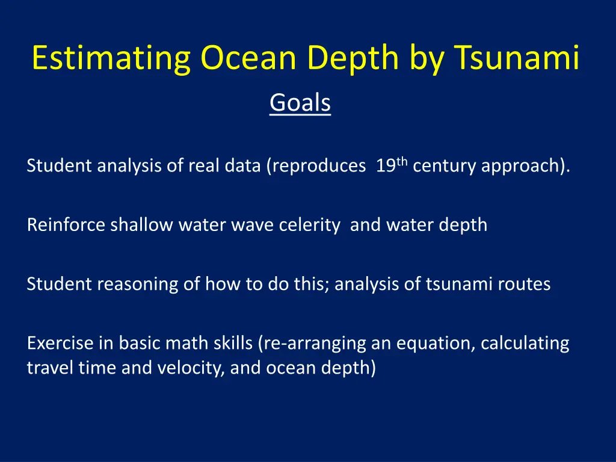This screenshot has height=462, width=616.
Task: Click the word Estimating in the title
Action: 111,58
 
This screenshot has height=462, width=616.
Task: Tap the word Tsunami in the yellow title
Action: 517,57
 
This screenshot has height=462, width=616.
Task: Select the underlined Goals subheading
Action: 300,102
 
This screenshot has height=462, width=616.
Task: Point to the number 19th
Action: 392,165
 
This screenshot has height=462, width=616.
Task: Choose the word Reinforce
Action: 66,225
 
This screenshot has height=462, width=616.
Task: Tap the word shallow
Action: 141,225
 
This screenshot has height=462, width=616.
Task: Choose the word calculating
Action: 525,343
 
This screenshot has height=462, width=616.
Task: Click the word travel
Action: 50,368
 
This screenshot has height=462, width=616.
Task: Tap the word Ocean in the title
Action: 248,58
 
